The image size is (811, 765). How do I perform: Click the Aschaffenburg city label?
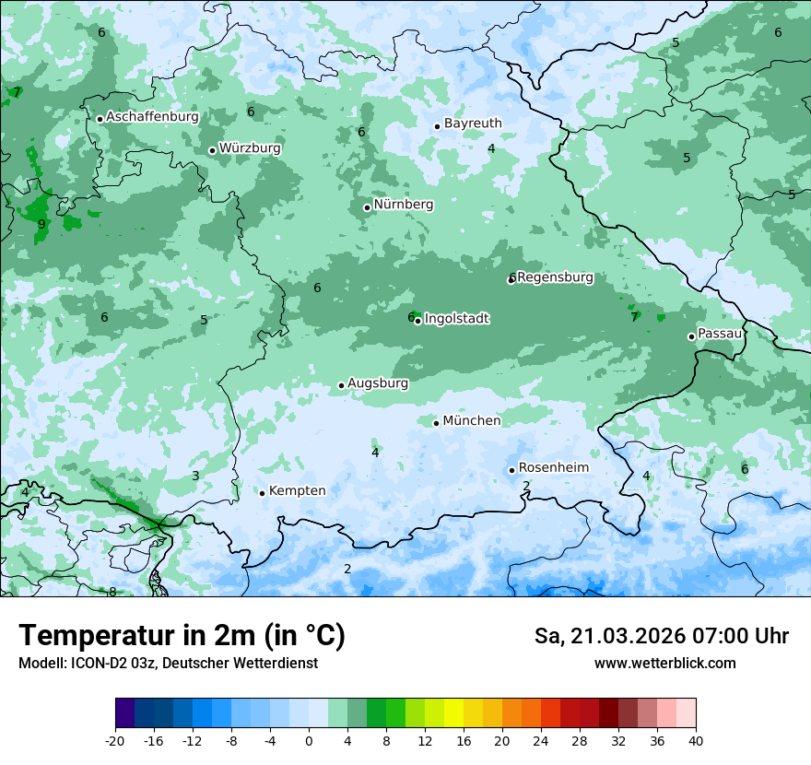pos(152,117)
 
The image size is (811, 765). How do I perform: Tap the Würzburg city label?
pos(250,148)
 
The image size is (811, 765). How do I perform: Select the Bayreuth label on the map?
pos(473,124)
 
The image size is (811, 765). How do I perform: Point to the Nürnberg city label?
pos(404,205)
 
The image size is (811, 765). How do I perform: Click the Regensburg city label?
pos(555,277)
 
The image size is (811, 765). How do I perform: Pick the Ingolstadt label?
pos(456,319)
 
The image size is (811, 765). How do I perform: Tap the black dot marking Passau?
pos(691,336)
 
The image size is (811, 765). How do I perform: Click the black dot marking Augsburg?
pos(341,385)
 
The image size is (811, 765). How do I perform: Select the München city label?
pos(472,421)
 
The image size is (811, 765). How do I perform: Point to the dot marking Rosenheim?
pos(511,470)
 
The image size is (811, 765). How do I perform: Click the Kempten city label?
pos(297,491)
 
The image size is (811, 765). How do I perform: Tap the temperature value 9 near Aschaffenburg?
pos(41,224)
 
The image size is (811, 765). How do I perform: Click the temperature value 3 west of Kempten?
pos(195,476)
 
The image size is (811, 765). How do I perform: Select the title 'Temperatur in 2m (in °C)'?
pos(182,636)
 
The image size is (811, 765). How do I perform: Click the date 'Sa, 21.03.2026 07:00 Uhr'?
pos(661,637)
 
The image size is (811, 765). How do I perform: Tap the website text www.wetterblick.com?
pos(664,663)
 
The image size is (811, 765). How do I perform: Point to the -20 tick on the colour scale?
pos(115,741)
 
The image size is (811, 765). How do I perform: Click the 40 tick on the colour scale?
pos(695,741)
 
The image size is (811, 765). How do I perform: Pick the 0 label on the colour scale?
pos(309,741)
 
